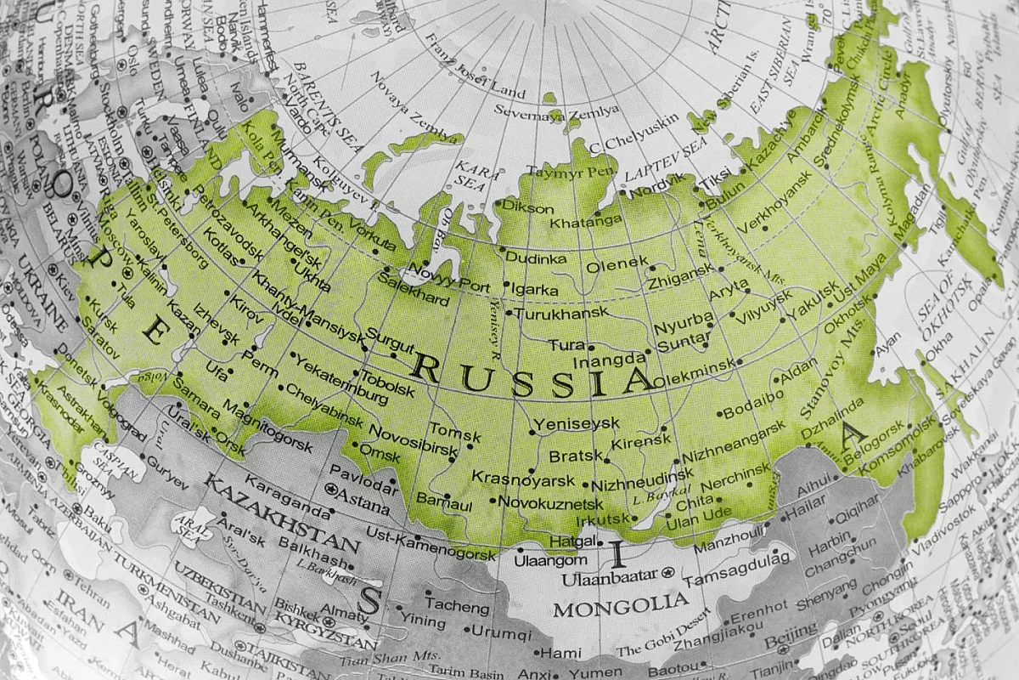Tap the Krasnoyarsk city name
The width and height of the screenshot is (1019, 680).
512,478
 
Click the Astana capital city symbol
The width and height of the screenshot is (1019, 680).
331,490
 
